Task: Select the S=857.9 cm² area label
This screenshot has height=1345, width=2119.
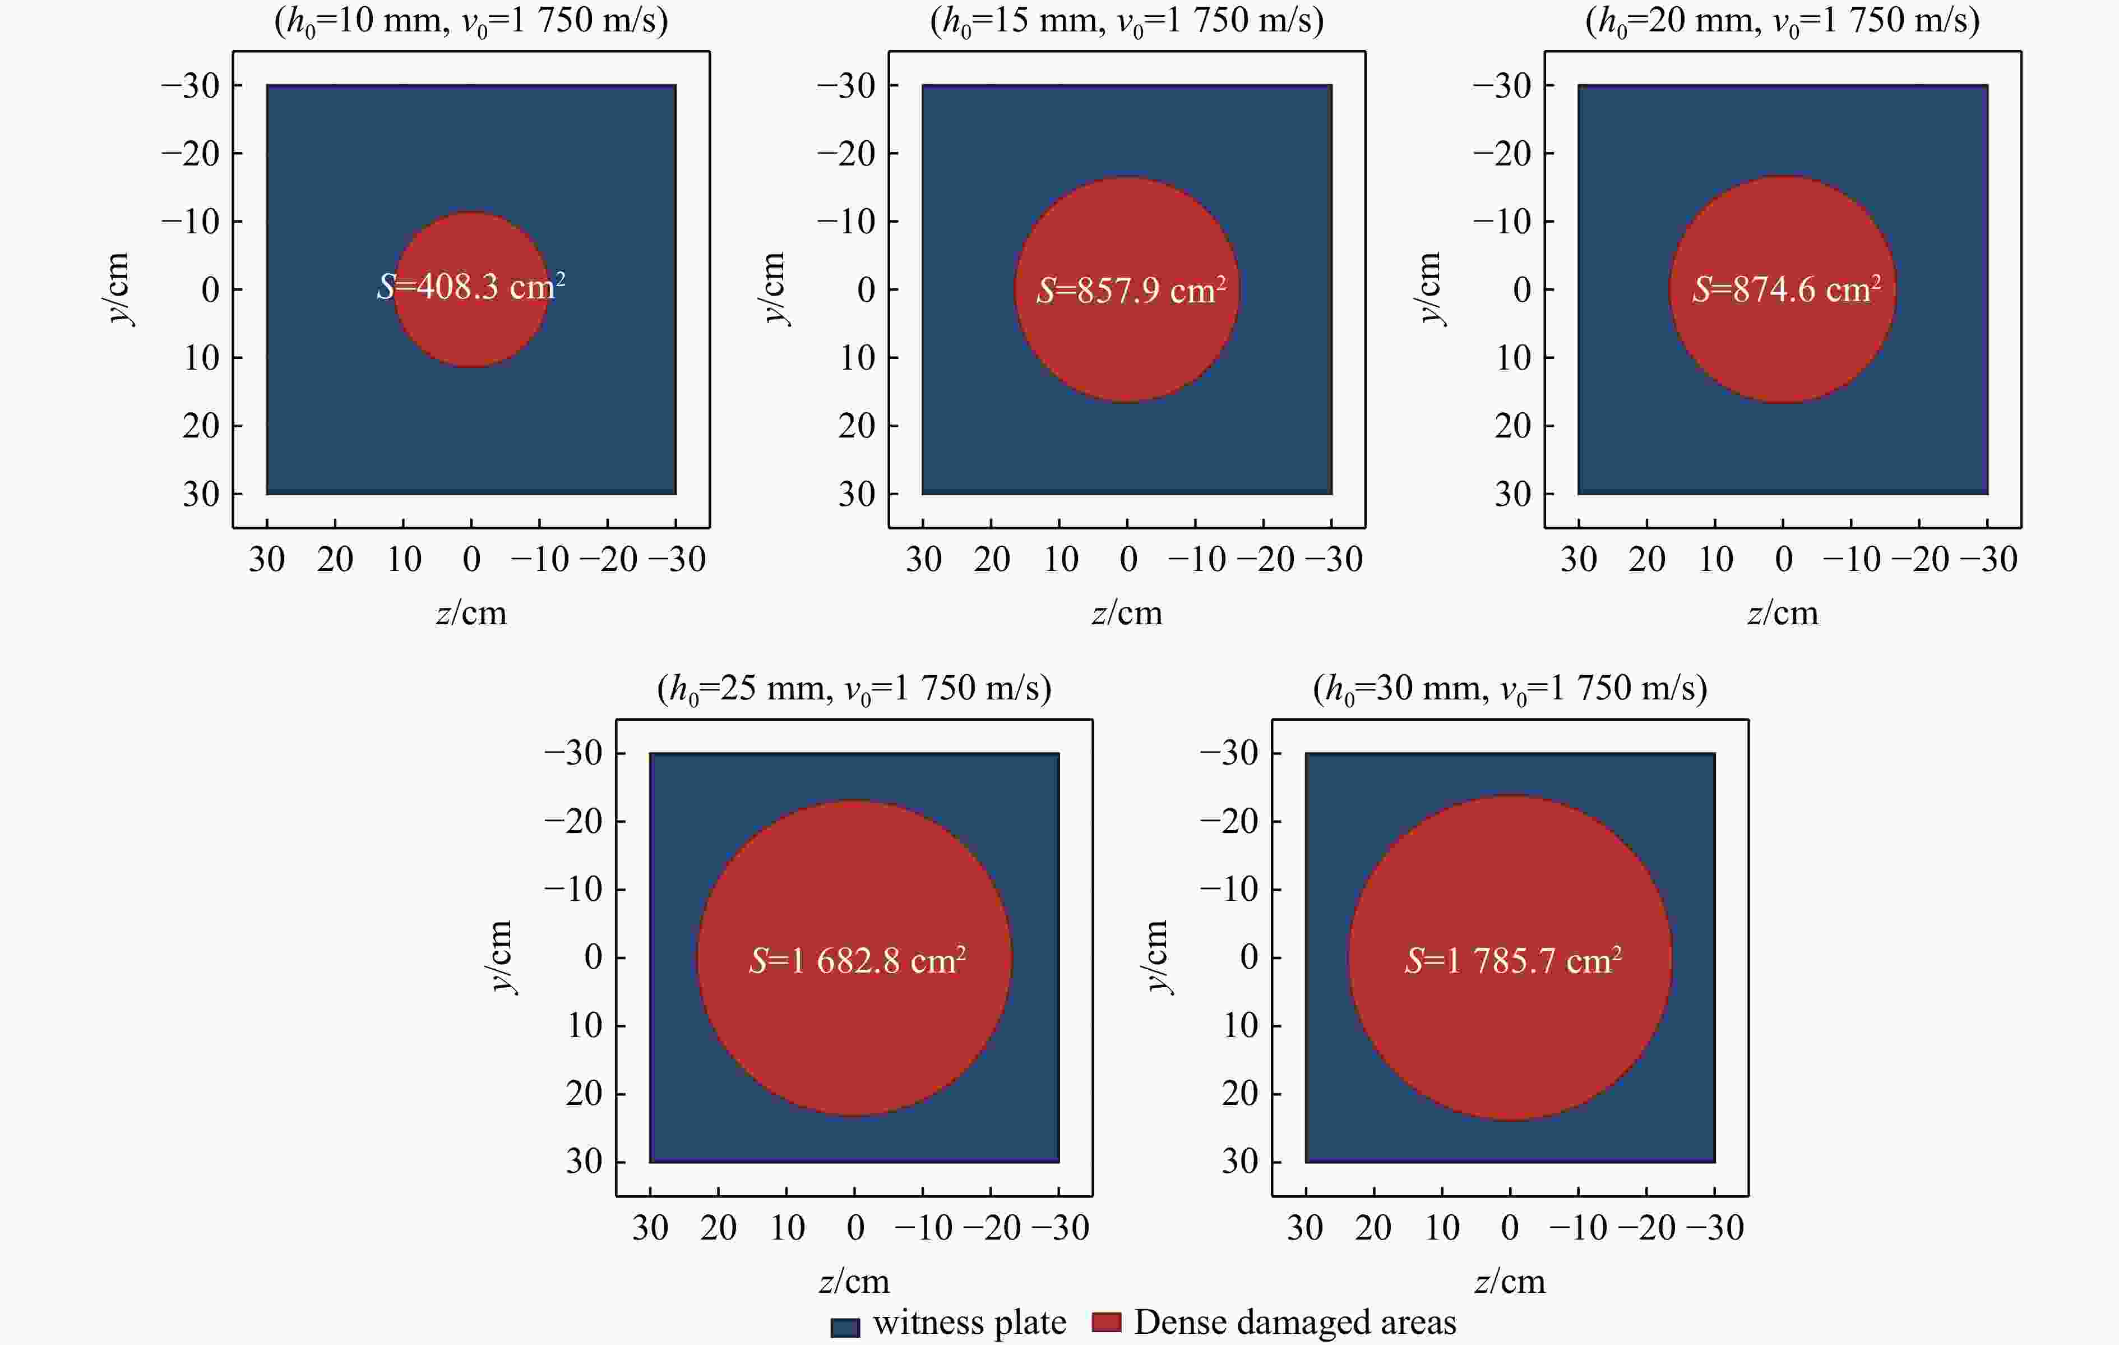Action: coord(1131,289)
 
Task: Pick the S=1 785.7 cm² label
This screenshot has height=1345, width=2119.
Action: coord(1512,960)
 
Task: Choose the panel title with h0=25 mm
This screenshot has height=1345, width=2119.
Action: coord(854,688)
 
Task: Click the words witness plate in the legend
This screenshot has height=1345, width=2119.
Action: coord(969,1322)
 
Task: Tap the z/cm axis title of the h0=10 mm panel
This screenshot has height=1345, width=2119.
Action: coord(471,612)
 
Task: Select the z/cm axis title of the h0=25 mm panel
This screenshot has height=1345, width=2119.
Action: coord(854,1280)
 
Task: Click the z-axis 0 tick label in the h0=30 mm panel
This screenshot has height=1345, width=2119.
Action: coord(1510,1227)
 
